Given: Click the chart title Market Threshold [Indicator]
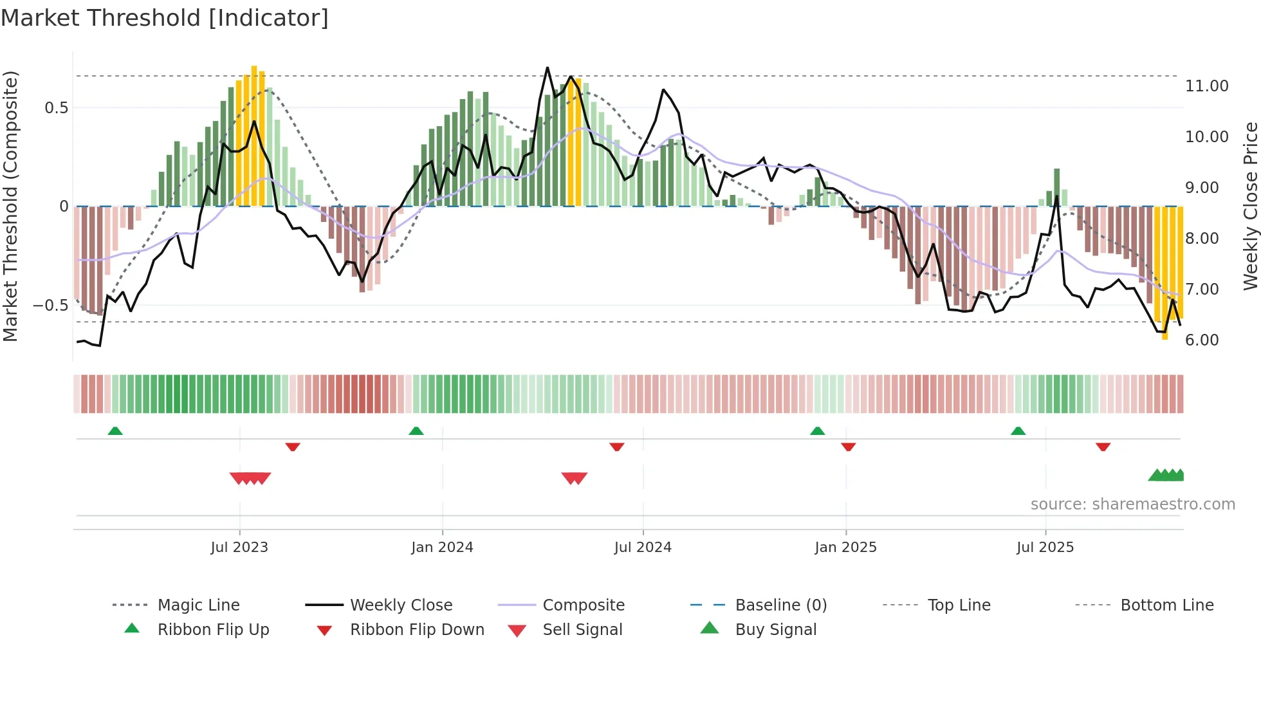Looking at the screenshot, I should coord(165,18).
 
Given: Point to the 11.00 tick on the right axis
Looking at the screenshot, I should coord(1206,86).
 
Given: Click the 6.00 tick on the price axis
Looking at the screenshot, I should coord(1201,340).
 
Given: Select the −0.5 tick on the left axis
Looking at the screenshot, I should coord(51,306).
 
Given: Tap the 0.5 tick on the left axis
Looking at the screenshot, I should coord(56,108).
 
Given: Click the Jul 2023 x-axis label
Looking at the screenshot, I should coord(239,548).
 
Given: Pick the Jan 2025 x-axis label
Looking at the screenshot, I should coord(845,548).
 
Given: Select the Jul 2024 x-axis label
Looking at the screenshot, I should coord(643,548).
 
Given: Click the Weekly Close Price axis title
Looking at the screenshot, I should coord(1249,206).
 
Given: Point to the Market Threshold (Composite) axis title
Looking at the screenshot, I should coord(10,206).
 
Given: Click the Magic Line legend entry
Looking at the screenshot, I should coord(198,605).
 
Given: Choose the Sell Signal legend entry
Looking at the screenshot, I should coord(582,630).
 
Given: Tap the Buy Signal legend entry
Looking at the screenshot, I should coord(775,630).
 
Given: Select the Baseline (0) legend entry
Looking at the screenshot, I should coord(780,605).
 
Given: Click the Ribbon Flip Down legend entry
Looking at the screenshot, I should coord(417,630).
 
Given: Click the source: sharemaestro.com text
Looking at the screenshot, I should coord(1132,504).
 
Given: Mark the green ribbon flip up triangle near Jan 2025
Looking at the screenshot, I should coord(817,431).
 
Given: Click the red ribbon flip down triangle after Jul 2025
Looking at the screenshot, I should coord(1103,447).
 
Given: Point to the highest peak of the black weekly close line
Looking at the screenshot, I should coord(548,68).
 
